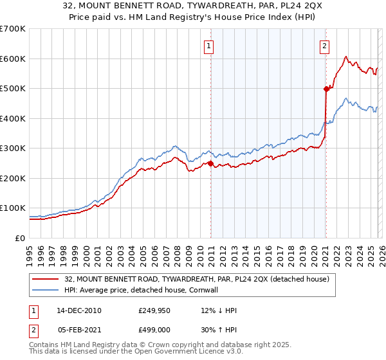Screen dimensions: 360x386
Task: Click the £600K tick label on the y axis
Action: click(x=13, y=59)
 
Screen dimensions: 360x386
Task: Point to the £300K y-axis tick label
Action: click(x=13, y=148)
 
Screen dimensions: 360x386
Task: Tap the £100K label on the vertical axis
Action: click(x=13, y=208)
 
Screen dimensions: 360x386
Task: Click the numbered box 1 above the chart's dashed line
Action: click(x=210, y=46)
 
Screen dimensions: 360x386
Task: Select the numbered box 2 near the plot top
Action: click(x=325, y=46)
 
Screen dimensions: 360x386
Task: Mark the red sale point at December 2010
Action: click(x=210, y=163)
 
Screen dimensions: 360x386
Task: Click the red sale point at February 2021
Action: click(x=326, y=89)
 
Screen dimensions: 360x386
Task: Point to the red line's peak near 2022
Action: click(x=346, y=57)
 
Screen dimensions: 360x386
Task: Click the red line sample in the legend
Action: click(x=46, y=279)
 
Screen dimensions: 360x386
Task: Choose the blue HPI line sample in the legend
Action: click(x=46, y=289)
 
